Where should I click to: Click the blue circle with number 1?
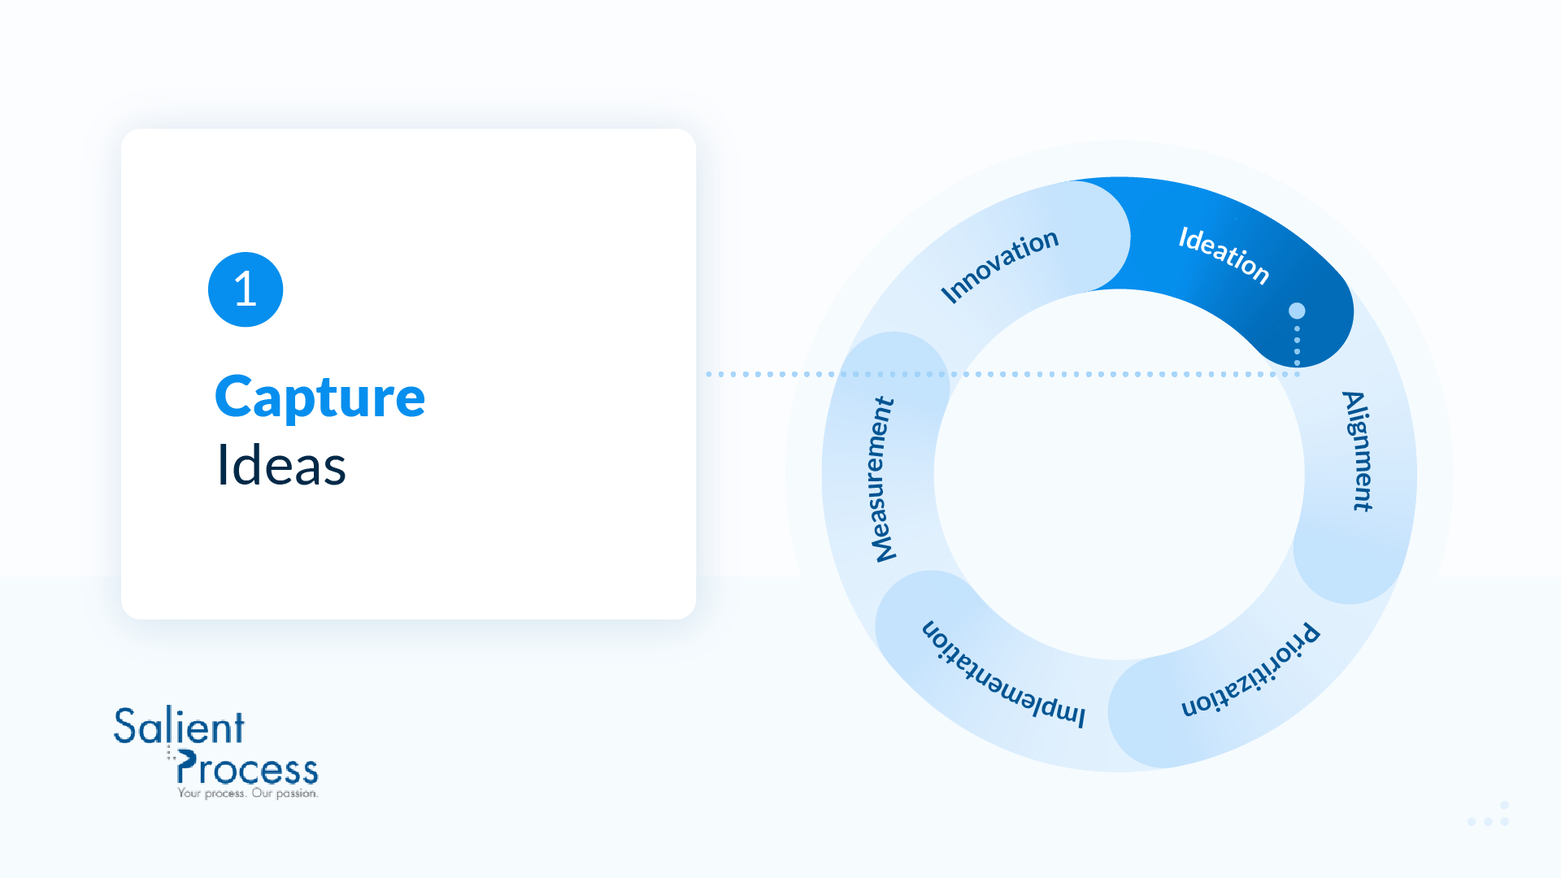point(246,289)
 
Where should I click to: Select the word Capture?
point(320,398)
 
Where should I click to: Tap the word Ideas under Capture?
point(281,466)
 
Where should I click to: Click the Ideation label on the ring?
point(1224,255)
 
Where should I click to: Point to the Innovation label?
point(999,265)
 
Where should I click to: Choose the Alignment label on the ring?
point(1357,451)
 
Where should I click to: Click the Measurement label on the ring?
point(883,480)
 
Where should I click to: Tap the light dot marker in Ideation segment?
point(1297,311)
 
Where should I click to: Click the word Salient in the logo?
point(179,726)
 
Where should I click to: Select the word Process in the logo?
point(247,767)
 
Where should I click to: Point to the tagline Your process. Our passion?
point(248,793)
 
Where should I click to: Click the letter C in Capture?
point(236,397)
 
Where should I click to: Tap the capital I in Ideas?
point(222,466)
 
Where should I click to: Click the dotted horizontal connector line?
point(1002,374)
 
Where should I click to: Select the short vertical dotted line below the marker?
point(1297,346)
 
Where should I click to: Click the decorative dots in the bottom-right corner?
point(1488,815)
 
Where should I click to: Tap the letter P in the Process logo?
point(186,767)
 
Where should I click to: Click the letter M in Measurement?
point(884,546)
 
